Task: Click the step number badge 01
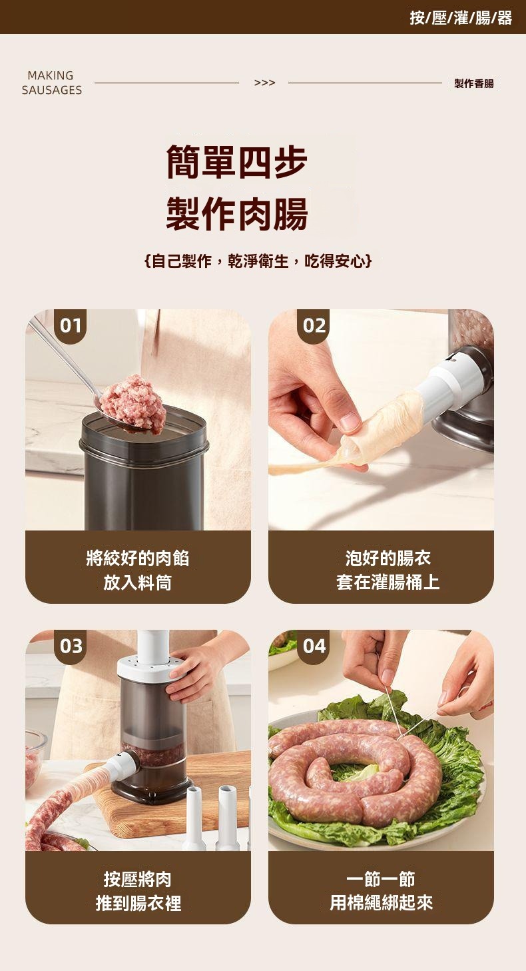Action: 70,325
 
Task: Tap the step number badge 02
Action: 314,325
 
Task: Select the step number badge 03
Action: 70,646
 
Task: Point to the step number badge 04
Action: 314,646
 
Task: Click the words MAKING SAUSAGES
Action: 51,83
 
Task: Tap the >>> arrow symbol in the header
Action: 264,83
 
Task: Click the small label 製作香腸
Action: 474,83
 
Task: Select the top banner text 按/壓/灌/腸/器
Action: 461,18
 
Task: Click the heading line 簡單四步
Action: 237,162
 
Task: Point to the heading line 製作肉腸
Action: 237,213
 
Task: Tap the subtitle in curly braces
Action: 258,261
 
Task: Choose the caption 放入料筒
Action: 138,582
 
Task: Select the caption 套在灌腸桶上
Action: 388,582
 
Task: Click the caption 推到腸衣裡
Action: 138,904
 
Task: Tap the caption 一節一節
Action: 381,879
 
